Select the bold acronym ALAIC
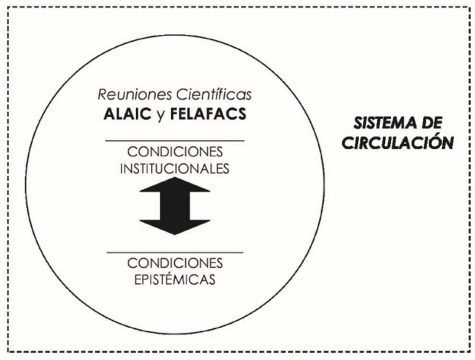pyautogui.click(x=129, y=115)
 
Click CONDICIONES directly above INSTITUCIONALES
pyautogui.click(x=175, y=152)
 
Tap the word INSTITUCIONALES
pyautogui.click(x=175, y=167)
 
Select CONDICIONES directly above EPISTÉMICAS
pyautogui.click(x=175, y=263)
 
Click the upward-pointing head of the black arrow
pyautogui.click(x=175, y=185)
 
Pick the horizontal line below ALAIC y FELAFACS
pyautogui.click(x=175, y=139)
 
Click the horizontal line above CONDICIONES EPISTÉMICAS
pyautogui.click(x=175, y=252)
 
